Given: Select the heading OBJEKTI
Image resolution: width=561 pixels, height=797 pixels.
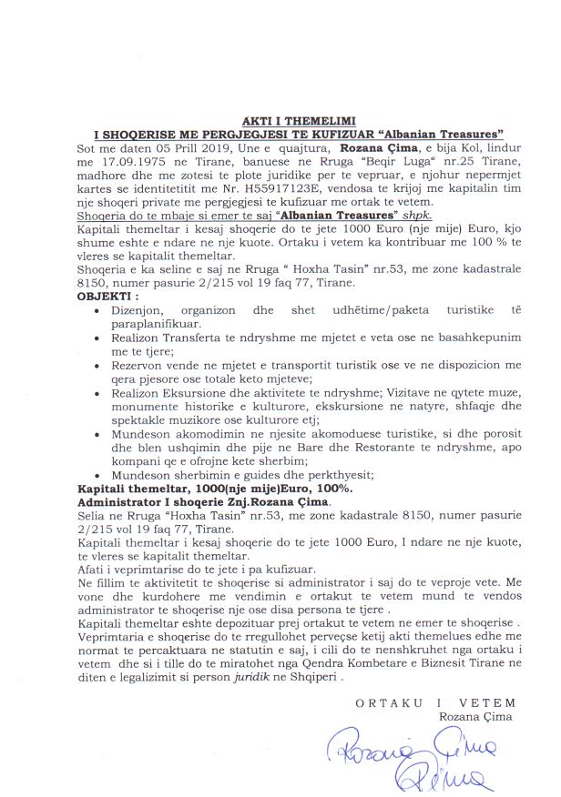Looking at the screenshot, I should [x=109, y=297].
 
